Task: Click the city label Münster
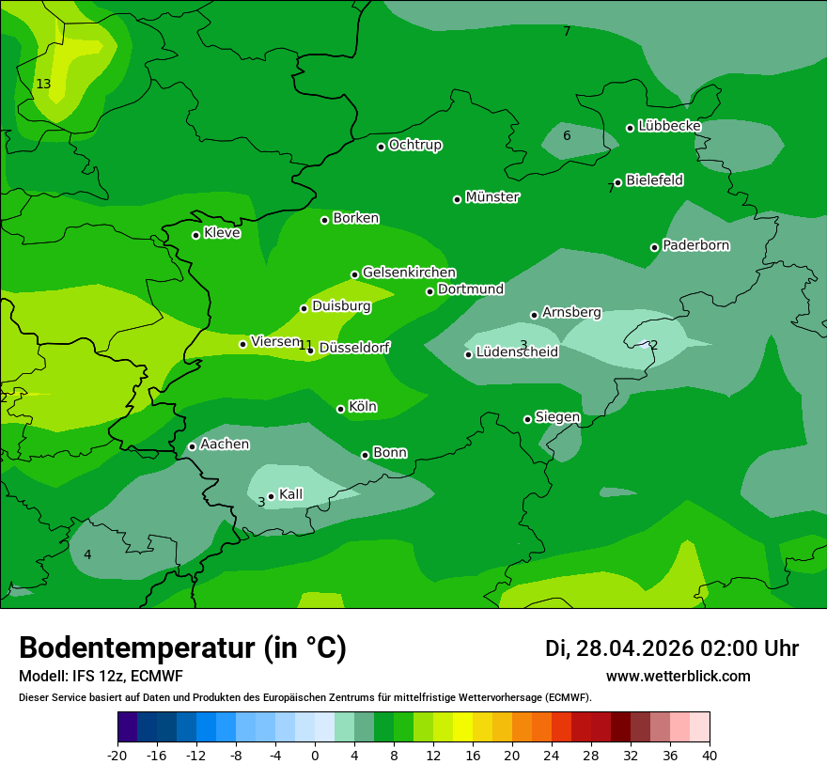click(492, 197)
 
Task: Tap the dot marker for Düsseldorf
click(311, 350)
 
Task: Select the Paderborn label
click(695, 245)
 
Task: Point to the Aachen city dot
click(192, 446)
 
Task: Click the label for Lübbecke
click(669, 126)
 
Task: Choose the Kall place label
click(290, 494)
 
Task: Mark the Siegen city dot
click(527, 419)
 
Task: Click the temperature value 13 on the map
click(43, 85)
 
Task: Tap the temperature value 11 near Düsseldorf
click(304, 345)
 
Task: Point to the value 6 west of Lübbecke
click(567, 135)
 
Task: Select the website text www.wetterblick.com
click(678, 676)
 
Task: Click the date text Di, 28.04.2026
click(619, 648)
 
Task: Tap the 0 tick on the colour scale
click(315, 756)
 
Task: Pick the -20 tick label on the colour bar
click(117, 756)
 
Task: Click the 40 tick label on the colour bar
click(710, 756)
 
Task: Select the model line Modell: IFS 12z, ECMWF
click(101, 676)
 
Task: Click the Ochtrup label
click(414, 145)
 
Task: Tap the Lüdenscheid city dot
click(468, 354)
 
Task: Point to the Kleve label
click(222, 233)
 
